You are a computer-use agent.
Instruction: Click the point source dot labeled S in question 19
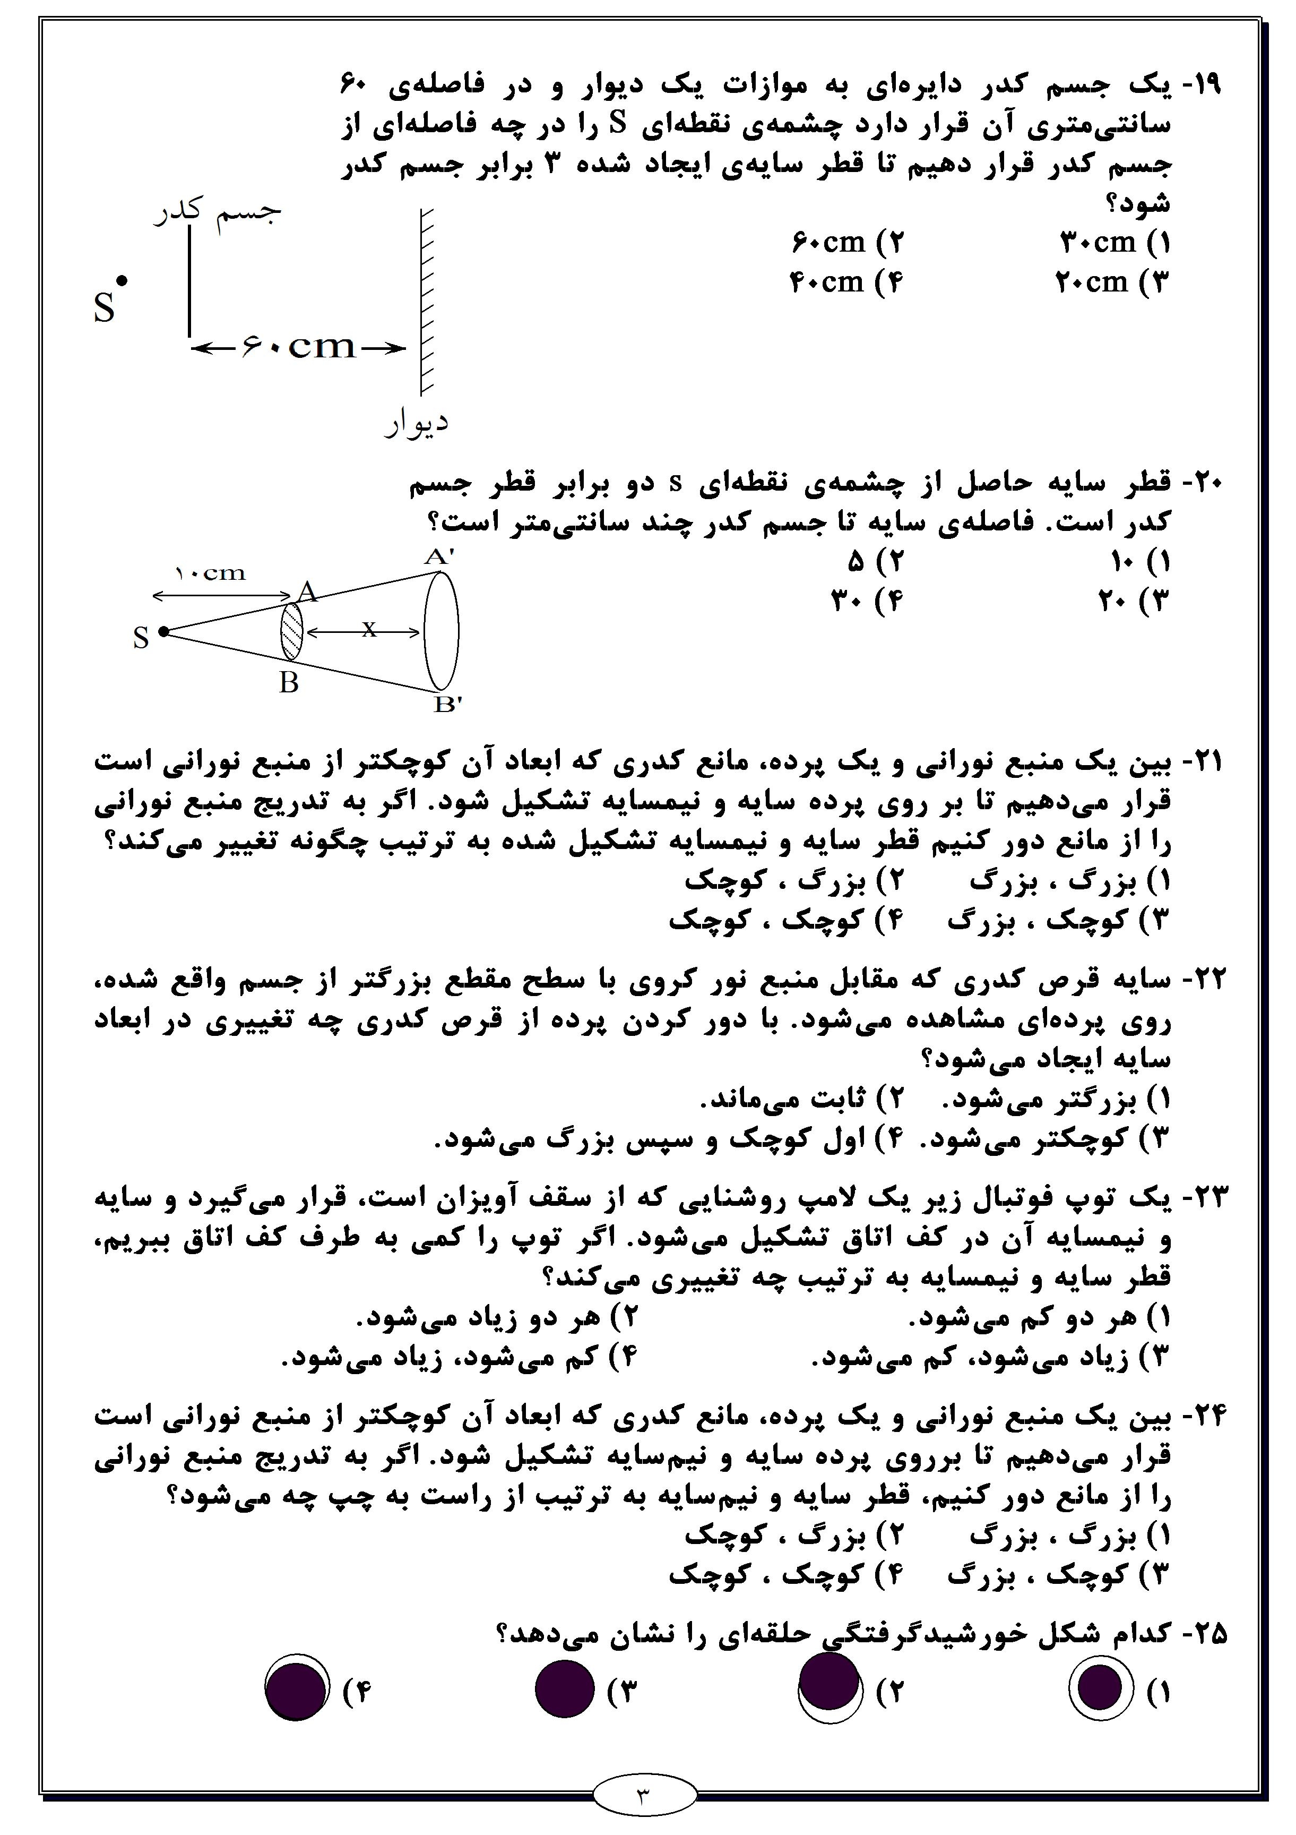[x=122, y=280]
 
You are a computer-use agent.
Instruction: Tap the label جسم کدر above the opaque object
[x=218, y=212]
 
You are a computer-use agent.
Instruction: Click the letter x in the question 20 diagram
[x=368, y=630]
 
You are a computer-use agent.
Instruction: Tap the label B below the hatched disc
[x=289, y=683]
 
